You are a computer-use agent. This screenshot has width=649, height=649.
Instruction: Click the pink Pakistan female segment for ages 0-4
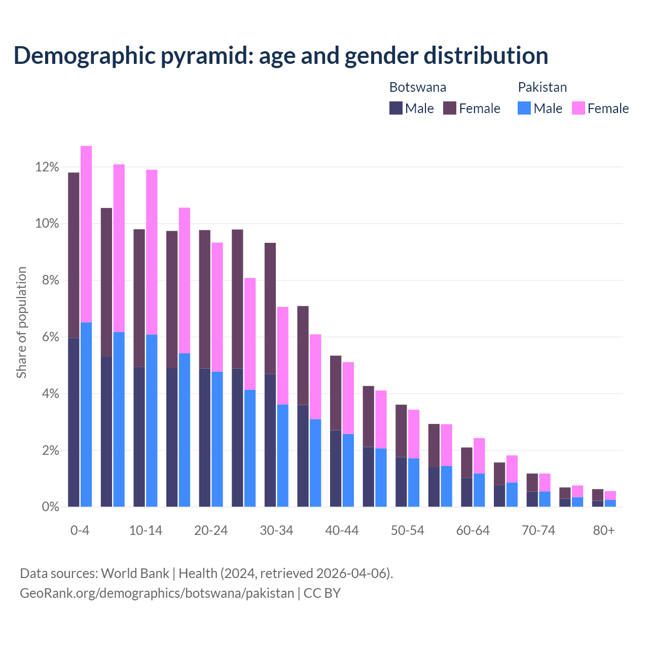tap(86, 234)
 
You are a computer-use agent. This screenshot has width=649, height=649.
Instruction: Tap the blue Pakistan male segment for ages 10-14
tap(152, 420)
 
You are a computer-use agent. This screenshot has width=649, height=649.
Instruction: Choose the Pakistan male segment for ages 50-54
tap(414, 482)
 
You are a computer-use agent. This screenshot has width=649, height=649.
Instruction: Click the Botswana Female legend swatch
tap(450, 108)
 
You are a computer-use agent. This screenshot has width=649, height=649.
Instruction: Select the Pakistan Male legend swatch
tap(524, 108)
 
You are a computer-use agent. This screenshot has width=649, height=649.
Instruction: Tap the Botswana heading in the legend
tap(418, 87)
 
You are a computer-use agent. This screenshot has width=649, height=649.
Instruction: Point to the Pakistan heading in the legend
tap(542, 87)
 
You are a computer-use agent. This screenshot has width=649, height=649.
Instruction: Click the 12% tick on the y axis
tap(47, 167)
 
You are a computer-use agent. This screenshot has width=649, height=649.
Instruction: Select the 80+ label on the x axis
tap(604, 530)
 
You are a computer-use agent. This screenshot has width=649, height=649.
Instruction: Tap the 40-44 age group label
tap(342, 530)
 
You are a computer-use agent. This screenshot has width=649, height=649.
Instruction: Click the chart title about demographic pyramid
tap(281, 55)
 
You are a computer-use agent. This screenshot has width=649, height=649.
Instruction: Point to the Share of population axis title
tap(21, 322)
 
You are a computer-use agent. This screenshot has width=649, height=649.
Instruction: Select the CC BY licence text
tap(322, 593)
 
